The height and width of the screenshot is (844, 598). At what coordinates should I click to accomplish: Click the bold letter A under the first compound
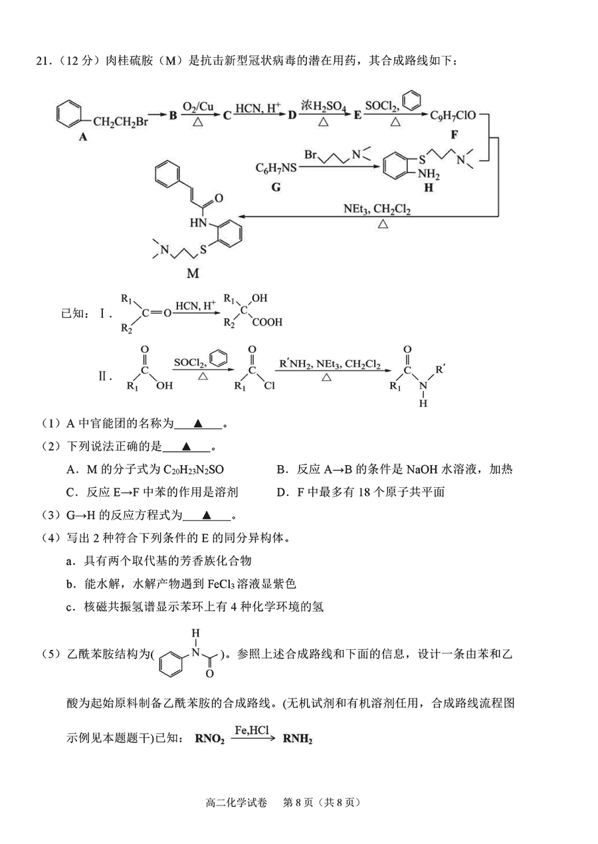(x=83, y=136)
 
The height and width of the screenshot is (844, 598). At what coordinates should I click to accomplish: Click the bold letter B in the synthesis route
(x=173, y=115)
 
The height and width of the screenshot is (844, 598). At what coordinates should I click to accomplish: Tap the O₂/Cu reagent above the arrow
(x=198, y=106)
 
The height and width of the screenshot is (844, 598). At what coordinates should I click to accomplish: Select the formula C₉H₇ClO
(x=453, y=115)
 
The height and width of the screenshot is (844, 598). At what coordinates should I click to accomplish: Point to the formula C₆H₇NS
(x=276, y=167)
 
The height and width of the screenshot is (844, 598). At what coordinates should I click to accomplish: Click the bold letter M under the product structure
(x=193, y=273)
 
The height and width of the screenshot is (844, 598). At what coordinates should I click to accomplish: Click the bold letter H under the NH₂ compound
(x=429, y=187)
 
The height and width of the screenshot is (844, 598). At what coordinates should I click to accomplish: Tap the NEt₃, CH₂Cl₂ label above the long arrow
(x=377, y=209)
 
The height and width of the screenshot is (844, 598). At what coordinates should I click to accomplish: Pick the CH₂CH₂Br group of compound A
(x=120, y=122)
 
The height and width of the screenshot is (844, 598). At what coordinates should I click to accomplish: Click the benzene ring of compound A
(x=69, y=113)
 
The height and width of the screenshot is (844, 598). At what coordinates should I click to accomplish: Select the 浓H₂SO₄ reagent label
(x=324, y=106)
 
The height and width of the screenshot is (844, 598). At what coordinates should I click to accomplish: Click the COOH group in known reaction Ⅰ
(x=267, y=322)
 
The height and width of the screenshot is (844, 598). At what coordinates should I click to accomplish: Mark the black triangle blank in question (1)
(x=198, y=424)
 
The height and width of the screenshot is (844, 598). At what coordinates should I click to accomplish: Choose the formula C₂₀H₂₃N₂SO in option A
(x=193, y=469)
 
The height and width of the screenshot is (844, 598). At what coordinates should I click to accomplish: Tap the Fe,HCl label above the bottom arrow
(x=252, y=730)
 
